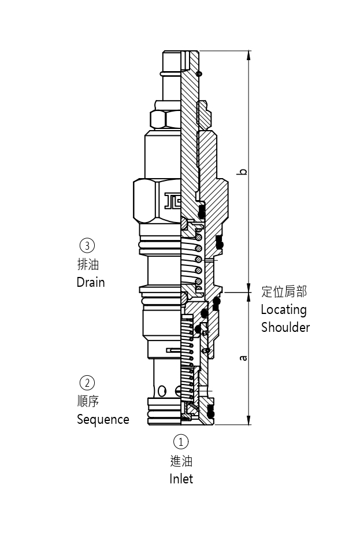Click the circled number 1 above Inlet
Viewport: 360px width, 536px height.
pos(181,442)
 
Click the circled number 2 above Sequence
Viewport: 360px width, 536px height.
pos(87,382)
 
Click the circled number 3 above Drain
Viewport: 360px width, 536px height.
pos(87,245)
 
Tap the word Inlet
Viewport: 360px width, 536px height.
pos(181,479)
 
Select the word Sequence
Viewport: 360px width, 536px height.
pos(103,419)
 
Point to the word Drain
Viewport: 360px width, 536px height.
pos(91,282)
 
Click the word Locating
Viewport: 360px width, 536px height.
pos(283,309)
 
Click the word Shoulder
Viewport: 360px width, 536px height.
pos(285,327)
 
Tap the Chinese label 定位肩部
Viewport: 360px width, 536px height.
pos(284,291)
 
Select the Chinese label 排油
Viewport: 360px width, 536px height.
pos(88,264)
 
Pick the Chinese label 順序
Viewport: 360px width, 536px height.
pos(88,401)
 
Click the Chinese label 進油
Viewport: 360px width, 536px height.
pos(181,461)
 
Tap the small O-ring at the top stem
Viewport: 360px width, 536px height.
pos(199,73)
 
